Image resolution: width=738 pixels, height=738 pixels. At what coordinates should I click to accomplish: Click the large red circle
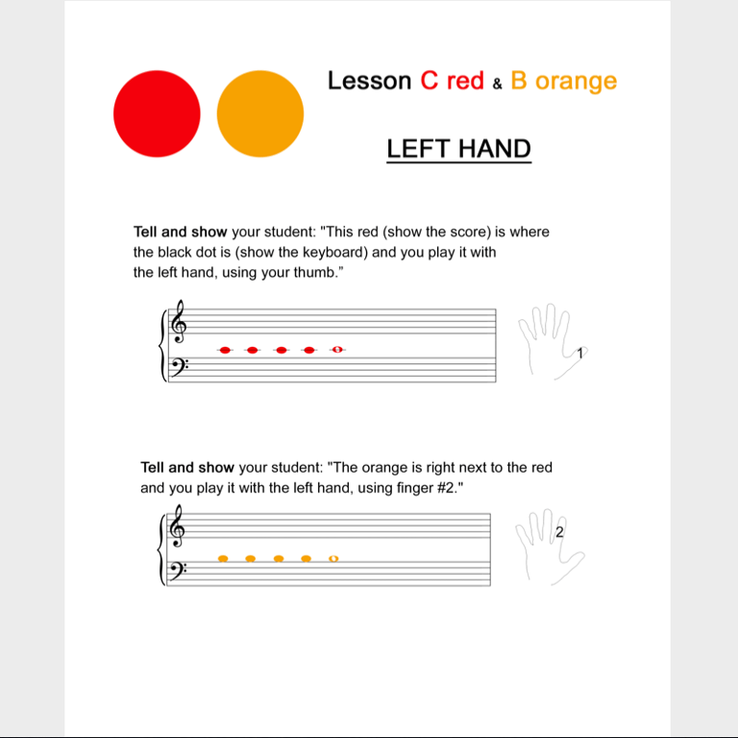[157, 113]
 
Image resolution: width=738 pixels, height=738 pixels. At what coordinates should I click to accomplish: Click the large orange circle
[260, 113]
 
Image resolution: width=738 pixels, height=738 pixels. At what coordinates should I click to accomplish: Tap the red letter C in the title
[430, 80]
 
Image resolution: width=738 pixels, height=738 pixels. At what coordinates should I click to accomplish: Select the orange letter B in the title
[519, 80]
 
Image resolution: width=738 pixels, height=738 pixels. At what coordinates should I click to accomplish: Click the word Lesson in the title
[369, 81]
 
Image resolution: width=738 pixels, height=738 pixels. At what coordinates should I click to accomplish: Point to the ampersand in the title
[497, 84]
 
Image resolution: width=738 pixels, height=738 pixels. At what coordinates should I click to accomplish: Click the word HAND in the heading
[495, 149]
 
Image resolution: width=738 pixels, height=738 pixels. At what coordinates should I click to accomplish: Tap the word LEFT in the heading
[419, 149]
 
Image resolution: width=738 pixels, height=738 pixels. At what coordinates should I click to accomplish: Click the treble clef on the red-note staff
[179, 323]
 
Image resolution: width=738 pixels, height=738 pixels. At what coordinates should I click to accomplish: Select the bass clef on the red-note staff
[180, 367]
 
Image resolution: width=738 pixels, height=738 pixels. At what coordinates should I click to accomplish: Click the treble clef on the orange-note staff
[177, 527]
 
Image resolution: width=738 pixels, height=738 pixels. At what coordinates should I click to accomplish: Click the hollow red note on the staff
[337, 350]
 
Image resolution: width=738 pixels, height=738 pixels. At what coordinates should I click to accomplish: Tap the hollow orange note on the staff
[333, 558]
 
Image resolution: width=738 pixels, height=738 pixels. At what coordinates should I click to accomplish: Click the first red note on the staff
[225, 350]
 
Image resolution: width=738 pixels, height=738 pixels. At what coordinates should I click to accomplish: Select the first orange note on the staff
[223, 558]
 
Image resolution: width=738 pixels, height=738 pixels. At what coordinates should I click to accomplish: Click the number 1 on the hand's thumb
[579, 353]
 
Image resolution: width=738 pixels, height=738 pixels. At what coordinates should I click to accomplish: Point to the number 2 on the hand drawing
[559, 531]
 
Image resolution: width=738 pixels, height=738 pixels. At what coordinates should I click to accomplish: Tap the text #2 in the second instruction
[446, 487]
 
